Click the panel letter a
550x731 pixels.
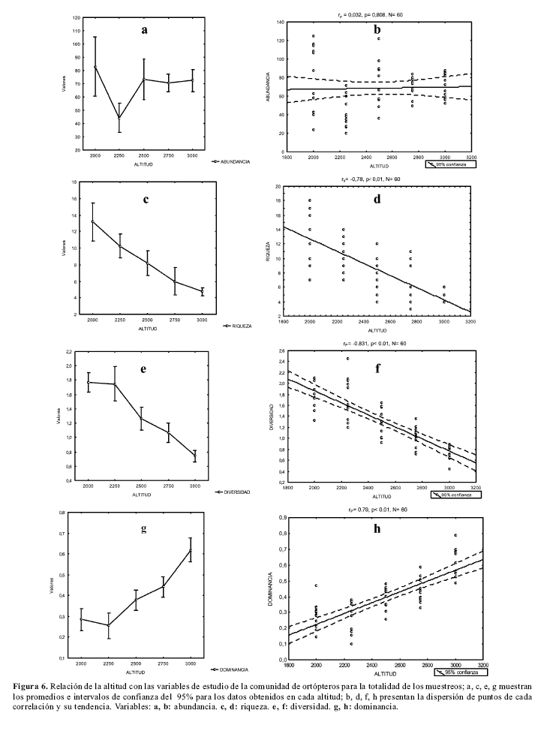145,30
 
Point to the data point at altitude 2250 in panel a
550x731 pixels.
119,117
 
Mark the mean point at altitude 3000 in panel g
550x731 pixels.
190,550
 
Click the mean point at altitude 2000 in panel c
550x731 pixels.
93,221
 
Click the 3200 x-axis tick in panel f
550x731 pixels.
481,488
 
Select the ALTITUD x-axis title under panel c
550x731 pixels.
148,329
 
